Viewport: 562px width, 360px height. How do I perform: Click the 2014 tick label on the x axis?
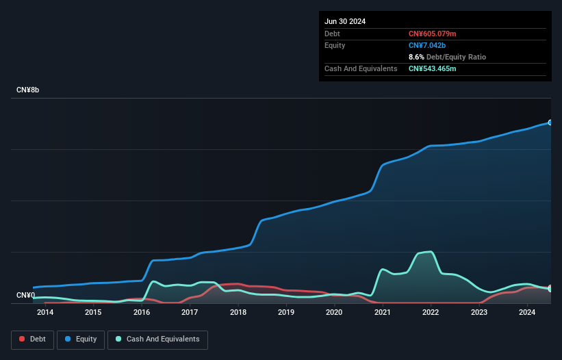pyautogui.click(x=45, y=313)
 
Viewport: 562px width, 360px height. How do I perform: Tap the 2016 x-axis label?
pyautogui.click(x=142, y=313)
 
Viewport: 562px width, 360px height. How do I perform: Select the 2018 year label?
pyautogui.click(x=238, y=313)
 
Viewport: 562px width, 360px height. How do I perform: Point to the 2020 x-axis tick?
pyautogui.click(x=334, y=313)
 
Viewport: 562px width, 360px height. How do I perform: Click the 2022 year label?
pyautogui.click(x=431, y=313)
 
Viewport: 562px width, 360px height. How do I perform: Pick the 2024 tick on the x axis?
pyautogui.click(x=527, y=313)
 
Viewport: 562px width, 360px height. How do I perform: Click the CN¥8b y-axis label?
pyautogui.click(x=28, y=90)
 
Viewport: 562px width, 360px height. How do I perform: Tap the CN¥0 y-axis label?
pyautogui.click(x=25, y=296)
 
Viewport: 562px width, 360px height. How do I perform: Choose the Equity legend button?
pyautogui.click(x=81, y=339)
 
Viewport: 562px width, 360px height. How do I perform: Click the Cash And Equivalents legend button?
pyautogui.click(x=157, y=339)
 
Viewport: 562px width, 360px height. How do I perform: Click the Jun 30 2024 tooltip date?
pyautogui.click(x=345, y=21)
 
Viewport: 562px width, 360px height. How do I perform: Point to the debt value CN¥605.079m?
pyautogui.click(x=432, y=34)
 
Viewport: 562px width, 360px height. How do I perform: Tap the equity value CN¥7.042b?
pyautogui.click(x=428, y=45)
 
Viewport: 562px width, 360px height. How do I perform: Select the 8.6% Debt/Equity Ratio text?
pyautogui.click(x=447, y=57)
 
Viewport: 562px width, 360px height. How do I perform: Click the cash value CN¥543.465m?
pyautogui.click(x=432, y=68)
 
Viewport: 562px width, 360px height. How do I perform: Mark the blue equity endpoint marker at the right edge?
pyautogui.click(x=550, y=123)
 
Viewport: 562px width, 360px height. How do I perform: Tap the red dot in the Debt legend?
pyautogui.click(x=22, y=339)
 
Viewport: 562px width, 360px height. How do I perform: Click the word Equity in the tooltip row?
pyautogui.click(x=335, y=45)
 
